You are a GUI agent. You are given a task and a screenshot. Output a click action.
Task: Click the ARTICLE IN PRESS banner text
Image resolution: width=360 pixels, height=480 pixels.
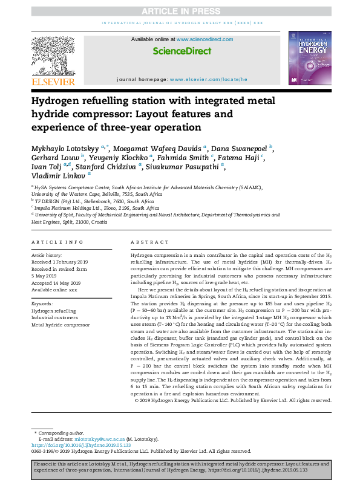click(180, 11)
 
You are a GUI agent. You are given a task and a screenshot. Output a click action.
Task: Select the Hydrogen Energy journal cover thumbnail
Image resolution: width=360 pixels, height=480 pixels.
click(309, 57)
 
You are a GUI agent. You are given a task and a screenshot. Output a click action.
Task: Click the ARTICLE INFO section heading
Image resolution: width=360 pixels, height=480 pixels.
click(57, 242)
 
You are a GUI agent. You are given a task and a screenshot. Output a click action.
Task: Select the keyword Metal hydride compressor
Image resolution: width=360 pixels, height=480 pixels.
click(61, 325)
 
